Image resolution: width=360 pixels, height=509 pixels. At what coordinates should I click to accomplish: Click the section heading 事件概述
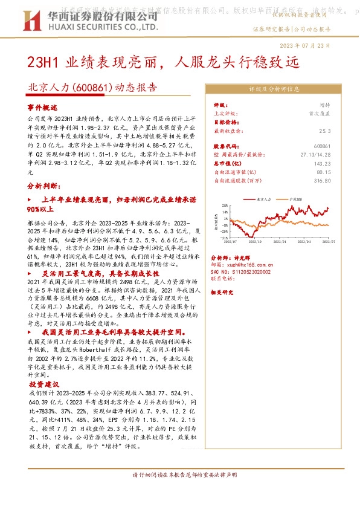tap(42, 106)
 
